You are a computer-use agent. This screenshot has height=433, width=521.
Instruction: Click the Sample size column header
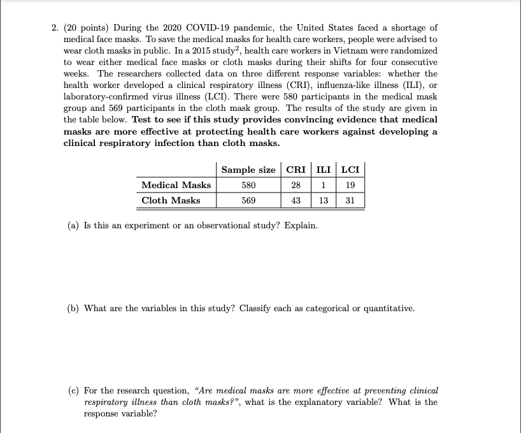point(248,170)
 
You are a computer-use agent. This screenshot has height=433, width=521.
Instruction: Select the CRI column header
point(296,170)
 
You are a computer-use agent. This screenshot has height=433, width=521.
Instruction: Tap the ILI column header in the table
point(324,170)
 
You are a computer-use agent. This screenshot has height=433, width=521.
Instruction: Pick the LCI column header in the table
point(350,170)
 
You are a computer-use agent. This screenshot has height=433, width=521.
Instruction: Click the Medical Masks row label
point(176,185)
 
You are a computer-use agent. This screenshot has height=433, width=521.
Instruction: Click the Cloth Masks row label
point(171,200)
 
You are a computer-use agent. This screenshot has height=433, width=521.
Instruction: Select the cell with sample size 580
point(248,185)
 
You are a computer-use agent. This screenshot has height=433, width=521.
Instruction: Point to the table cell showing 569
point(248,200)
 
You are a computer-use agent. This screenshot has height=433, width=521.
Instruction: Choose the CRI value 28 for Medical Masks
point(296,185)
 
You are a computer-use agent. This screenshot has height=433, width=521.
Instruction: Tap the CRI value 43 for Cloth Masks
point(296,200)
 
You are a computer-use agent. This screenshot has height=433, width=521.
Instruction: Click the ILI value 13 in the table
point(324,200)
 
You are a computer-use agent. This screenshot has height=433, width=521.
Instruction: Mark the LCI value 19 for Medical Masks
point(350,185)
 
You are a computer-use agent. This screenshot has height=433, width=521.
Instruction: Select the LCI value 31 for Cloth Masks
point(350,200)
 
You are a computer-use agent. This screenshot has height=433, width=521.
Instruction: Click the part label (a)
point(73,226)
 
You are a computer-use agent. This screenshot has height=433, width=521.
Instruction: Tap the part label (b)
point(74,308)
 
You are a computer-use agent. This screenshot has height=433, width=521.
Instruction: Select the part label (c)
point(73,390)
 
